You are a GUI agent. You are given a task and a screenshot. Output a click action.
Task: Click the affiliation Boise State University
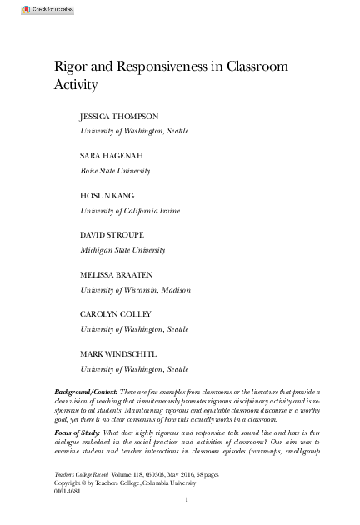click(115, 171)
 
